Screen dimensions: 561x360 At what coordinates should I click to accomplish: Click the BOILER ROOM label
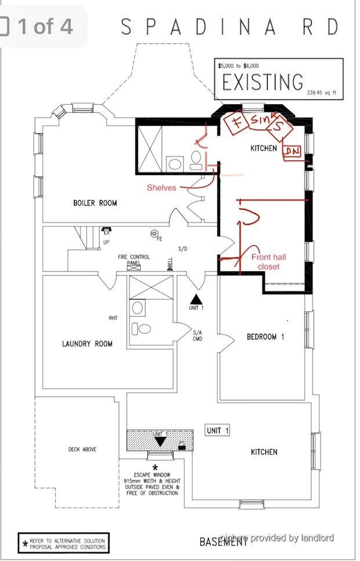pyautogui.click(x=94, y=203)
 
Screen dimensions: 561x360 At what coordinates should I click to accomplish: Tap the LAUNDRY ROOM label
pyautogui.click(x=87, y=344)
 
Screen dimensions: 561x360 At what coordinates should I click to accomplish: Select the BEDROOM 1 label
pyautogui.click(x=265, y=337)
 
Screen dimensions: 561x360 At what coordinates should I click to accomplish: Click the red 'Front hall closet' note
pyautogui.click(x=268, y=261)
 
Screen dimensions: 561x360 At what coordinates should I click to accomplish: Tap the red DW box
pyautogui.click(x=292, y=151)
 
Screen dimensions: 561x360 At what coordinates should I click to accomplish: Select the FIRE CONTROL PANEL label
pyautogui.click(x=134, y=260)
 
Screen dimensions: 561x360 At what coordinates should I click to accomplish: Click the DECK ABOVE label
pyautogui.click(x=82, y=449)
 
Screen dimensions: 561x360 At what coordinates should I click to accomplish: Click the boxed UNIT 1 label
pyautogui.click(x=217, y=431)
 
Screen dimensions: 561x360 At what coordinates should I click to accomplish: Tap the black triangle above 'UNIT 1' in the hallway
pyautogui.click(x=197, y=298)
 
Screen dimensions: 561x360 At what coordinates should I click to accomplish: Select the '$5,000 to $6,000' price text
pyautogui.click(x=238, y=66)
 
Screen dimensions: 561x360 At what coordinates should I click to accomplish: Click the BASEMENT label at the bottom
pyautogui.click(x=224, y=542)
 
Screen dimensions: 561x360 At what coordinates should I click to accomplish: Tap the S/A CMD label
pyautogui.click(x=197, y=336)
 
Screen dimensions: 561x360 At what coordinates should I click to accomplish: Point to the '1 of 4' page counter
pyautogui.click(x=45, y=26)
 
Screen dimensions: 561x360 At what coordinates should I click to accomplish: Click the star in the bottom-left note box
pyautogui.click(x=25, y=544)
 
